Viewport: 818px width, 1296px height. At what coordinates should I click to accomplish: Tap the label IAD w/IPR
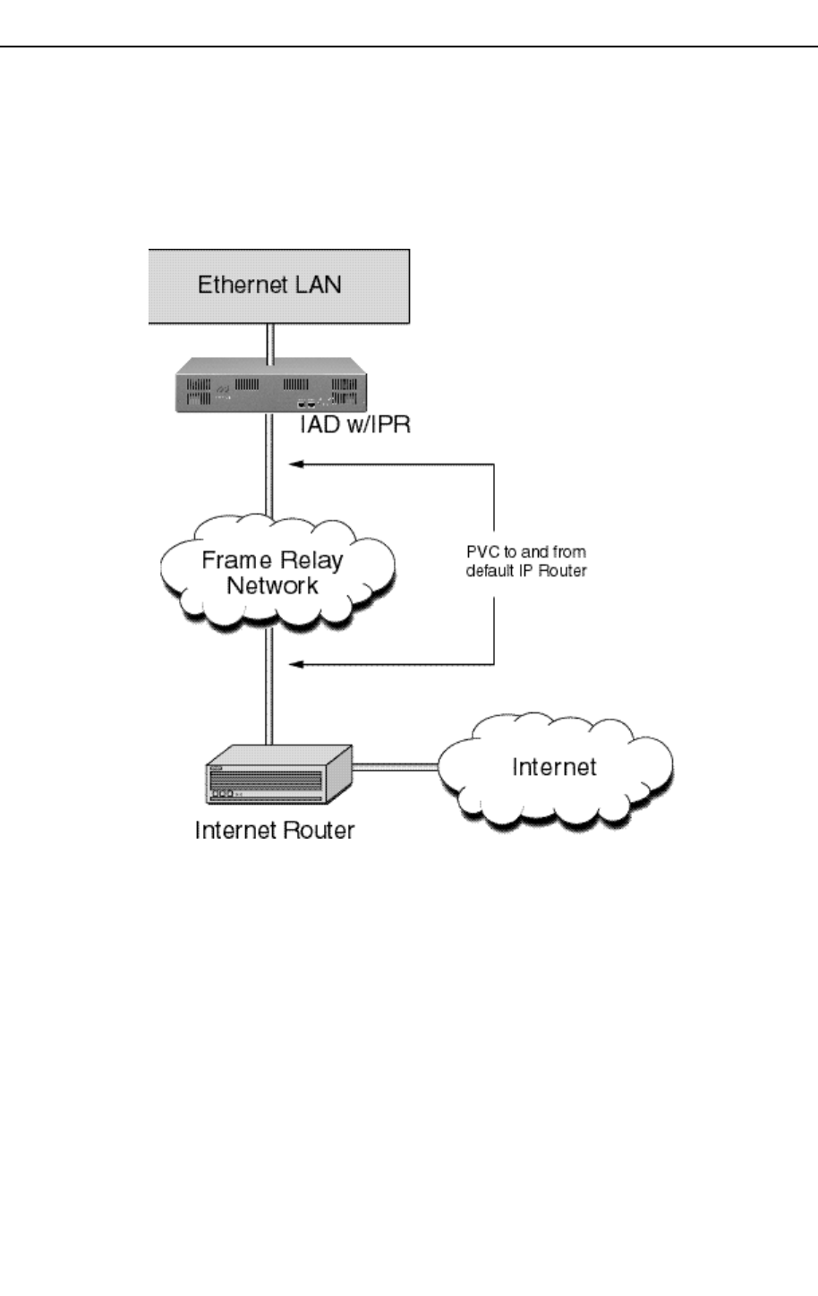point(355,424)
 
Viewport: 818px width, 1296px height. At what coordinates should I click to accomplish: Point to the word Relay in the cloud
point(310,561)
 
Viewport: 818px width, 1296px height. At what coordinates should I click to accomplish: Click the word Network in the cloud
point(272,586)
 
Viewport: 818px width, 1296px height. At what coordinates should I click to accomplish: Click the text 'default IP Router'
point(526,571)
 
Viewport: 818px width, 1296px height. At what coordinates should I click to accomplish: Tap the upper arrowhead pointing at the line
point(294,464)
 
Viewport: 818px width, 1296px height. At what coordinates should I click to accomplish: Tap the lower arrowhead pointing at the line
point(294,664)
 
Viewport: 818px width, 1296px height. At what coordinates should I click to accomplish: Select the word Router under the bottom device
point(320,831)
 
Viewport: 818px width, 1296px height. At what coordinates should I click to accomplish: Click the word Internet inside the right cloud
point(554,767)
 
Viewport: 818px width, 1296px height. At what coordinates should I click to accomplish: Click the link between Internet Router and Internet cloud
point(396,766)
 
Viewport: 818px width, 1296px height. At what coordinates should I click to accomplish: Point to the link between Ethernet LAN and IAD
point(270,340)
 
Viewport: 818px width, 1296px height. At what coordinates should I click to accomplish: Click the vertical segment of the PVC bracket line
point(494,501)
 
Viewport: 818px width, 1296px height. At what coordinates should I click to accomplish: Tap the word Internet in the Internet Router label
point(234,831)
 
